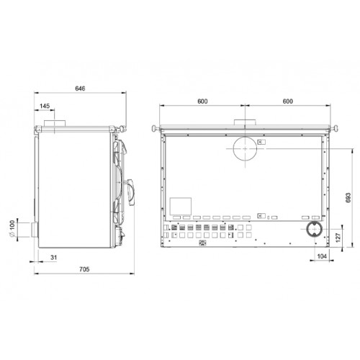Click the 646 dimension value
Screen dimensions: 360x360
(80, 89)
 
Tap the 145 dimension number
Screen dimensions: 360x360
(45, 106)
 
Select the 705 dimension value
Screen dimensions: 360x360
(84, 269)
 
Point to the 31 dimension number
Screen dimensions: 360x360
(54, 258)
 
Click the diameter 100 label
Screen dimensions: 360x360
(12, 228)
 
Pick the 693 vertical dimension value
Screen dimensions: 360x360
(348, 197)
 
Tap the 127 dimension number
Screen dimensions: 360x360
(338, 238)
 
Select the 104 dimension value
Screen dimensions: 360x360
(322, 256)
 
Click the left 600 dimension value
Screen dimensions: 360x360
(202, 102)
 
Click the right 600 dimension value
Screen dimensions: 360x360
(288, 102)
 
